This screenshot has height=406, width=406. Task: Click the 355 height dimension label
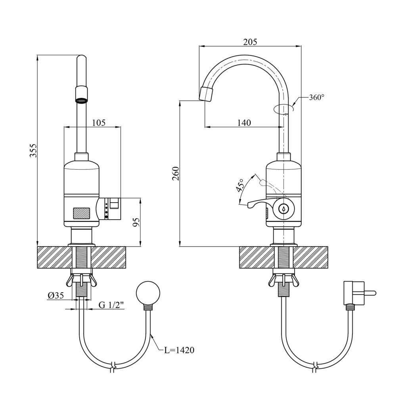point(34,151)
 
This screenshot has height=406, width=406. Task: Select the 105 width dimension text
point(98,123)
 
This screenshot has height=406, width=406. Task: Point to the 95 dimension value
point(136,222)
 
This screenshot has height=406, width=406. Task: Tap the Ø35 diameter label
point(56,295)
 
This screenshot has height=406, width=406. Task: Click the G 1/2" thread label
point(111,305)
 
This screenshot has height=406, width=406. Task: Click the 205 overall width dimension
point(250,42)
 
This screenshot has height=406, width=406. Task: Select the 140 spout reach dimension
point(244,123)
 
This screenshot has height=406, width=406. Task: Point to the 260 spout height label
point(176,174)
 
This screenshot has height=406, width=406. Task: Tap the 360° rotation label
point(316,97)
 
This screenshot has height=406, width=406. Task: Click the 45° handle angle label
point(240,186)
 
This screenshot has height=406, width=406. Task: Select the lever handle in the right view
point(258,203)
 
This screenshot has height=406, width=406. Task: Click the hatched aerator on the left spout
point(81,100)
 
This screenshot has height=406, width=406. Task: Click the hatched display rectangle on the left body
point(82,213)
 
